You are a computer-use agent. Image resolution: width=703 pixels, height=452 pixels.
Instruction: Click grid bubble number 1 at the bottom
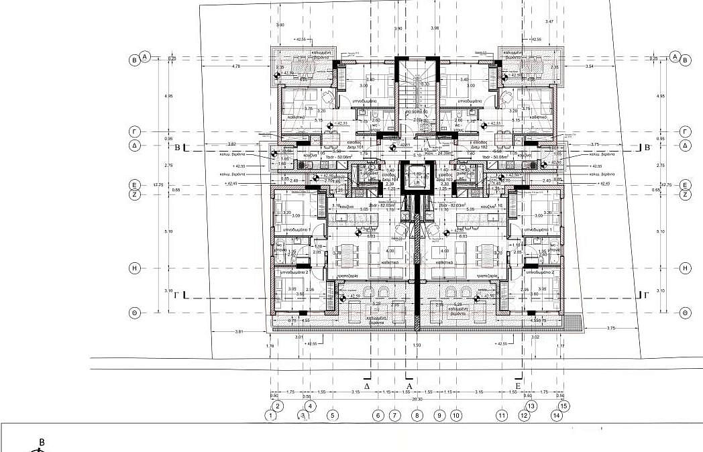tap(270, 416)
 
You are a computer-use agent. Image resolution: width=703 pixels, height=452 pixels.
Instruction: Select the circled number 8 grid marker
tap(417, 416)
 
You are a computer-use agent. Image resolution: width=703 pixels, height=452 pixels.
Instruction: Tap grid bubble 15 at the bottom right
tap(563, 405)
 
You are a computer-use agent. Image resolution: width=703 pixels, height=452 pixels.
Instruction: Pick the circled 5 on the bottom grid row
tap(332, 416)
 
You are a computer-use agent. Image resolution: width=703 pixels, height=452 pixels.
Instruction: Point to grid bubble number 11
tap(501, 416)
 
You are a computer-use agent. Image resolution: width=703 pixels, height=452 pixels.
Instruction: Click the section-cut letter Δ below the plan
tap(367, 387)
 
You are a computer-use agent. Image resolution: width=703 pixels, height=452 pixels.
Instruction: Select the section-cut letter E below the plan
tap(527, 387)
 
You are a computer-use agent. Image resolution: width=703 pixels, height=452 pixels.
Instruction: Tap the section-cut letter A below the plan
tap(409, 387)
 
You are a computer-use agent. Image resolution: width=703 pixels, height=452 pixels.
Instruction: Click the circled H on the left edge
tap(135, 268)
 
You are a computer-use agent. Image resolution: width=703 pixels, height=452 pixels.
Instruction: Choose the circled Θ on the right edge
tap(685, 313)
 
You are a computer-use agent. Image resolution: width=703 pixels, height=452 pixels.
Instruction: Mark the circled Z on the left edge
tap(135, 194)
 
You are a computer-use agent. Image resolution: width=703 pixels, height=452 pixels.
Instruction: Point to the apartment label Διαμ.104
tap(390, 179)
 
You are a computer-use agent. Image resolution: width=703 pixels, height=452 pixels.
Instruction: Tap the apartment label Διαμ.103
tap(447, 179)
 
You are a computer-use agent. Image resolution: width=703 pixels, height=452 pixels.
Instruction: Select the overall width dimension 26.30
tap(417, 399)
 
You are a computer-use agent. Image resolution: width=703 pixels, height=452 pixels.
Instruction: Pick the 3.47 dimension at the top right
tap(550, 22)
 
